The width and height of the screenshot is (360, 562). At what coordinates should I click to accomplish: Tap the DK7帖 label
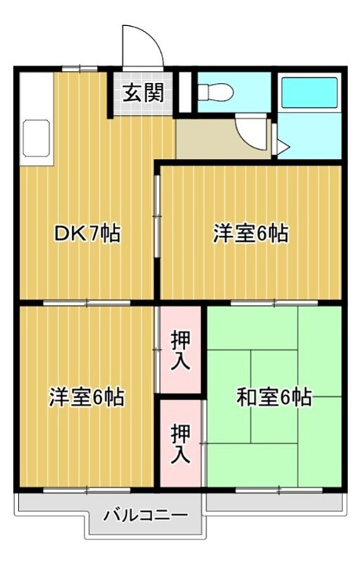[x=87, y=233]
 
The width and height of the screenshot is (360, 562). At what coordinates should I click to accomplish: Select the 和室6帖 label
[x=274, y=398]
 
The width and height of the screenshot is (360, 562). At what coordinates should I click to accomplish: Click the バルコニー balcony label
[x=146, y=516]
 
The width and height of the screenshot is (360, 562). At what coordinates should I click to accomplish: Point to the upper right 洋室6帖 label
[x=251, y=233]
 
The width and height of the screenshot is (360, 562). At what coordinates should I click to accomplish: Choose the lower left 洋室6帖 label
[x=86, y=398]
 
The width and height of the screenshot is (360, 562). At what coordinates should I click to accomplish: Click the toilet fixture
[x=214, y=91]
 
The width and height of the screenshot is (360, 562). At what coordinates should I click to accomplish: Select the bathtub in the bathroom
[x=309, y=91]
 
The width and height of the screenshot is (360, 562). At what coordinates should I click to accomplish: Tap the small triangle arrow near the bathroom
[x=281, y=147]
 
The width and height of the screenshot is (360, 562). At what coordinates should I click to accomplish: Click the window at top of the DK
[x=79, y=68]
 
